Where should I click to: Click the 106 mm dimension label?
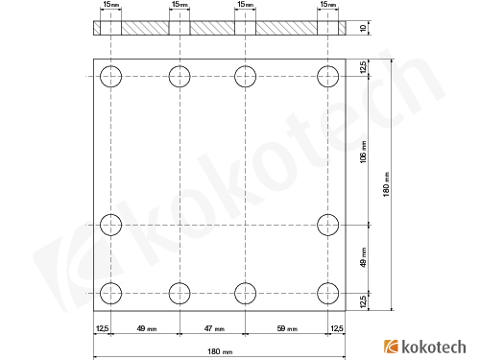pyautogui.click(x=363, y=151)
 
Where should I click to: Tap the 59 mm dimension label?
pyautogui.click(x=287, y=329)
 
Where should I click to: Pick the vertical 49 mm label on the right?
pyautogui.click(x=363, y=258)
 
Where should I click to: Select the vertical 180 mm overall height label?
pyautogui.click(x=386, y=184)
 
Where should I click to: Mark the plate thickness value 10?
pyautogui.click(x=363, y=29)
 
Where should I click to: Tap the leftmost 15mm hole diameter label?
pyautogui.click(x=111, y=6)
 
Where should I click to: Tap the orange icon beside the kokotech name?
pyautogui.click(x=391, y=346)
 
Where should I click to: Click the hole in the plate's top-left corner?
pyautogui.click(x=111, y=75)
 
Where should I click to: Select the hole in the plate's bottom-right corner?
pyautogui.click(x=329, y=292)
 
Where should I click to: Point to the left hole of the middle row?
pyautogui.click(x=111, y=225)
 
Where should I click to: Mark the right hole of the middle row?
pyautogui.click(x=329, y=225)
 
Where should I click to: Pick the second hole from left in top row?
pyautogui.click(x=180, y=75)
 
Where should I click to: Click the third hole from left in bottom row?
pyautogui.click(x=245, y=292)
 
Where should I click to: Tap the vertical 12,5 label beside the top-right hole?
pyautogui.click(x=363, y=68)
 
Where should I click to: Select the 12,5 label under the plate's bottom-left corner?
pyautogui.click(x=102, y=329)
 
